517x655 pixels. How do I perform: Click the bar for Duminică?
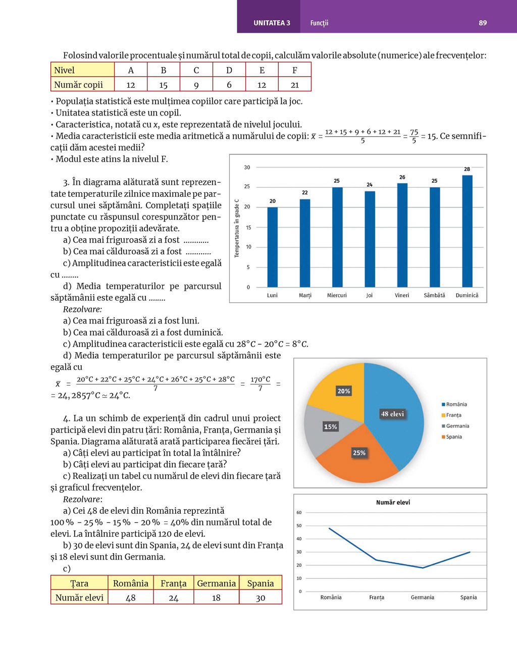point(467,231)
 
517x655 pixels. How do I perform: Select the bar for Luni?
point(272,247)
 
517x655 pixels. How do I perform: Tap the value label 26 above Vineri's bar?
point(402,177)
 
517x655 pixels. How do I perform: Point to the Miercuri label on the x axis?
point(337,295)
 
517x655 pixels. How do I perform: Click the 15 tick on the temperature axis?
point(248,228)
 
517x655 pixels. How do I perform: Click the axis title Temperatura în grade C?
point(236,228)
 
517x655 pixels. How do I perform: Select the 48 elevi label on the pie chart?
point(392,414)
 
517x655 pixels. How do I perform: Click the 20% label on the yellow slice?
point(344,391)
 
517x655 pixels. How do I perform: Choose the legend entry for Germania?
point(457,426)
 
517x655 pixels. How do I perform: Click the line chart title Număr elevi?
point(393,503)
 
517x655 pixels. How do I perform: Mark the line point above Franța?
point(376,560)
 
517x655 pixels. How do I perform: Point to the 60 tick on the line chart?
point(299,513)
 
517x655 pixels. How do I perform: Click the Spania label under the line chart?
point(469,597)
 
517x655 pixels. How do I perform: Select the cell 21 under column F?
point(295,85)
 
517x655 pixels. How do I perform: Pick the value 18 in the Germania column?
point(216,597)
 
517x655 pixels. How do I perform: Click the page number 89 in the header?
point(483,23)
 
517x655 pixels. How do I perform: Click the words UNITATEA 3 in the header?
point(272,23)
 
